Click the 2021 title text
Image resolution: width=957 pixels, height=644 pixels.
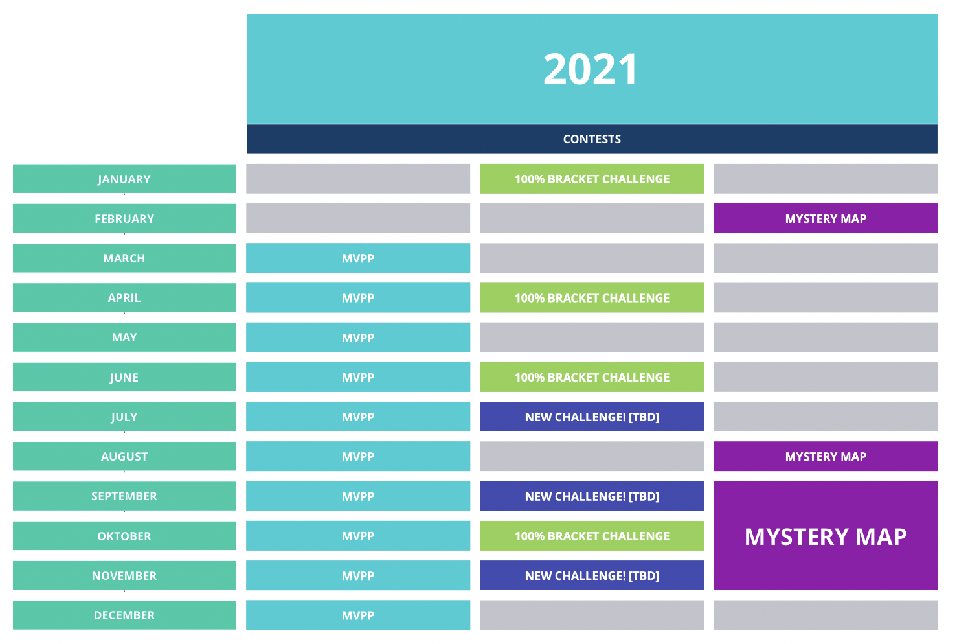[591, 69]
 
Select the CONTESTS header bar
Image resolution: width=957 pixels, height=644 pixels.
[592, 139]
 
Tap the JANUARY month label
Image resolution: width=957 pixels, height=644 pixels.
[124, 179]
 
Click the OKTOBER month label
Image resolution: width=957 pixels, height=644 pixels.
[124, 536]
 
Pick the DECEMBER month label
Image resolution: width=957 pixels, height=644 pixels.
[124, 615]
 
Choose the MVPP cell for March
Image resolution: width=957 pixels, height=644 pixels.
[358, 258]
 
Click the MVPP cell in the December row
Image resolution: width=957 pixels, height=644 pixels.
[358, 615]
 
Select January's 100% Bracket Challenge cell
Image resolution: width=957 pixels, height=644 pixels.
[592, 179]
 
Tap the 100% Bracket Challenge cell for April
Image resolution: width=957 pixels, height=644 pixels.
[592, 297]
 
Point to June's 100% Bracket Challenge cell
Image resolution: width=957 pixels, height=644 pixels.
[592, 377]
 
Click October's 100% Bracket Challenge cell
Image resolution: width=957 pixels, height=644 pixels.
[592, 536]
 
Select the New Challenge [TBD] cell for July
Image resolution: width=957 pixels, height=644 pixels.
[592, 417]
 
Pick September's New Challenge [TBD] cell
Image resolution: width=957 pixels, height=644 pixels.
[592, 496]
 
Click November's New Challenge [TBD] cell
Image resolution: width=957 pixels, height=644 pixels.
[592, 575]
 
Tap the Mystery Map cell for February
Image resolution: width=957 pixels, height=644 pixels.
[826, 218]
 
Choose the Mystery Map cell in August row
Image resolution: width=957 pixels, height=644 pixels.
[826, 456]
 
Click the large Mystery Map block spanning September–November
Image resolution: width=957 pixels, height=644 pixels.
[826, 536]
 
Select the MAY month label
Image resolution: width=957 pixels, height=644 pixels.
[124, 338]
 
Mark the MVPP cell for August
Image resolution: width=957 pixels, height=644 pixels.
[358, 456]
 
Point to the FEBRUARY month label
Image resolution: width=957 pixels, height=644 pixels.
[124, 218]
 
